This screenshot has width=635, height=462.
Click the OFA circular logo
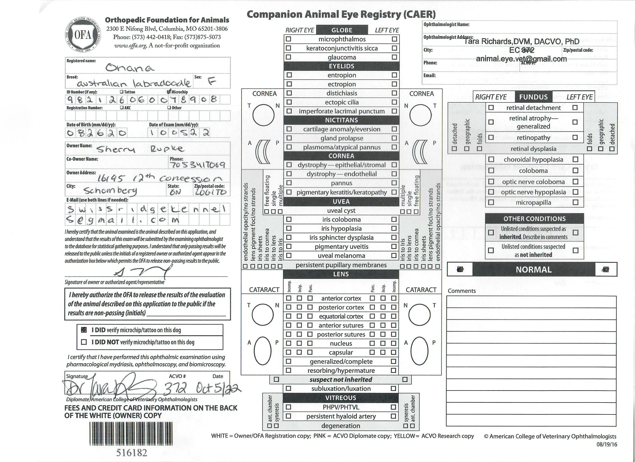pyautogui.click(x=83, y=35)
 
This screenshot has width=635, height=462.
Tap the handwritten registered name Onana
pyautogui.click(x=129, y=67)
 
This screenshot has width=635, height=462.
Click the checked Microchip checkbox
pyautogui.click(x=169, y=92)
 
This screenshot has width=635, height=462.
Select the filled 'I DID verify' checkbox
pyautogui.click(x=84, y=330)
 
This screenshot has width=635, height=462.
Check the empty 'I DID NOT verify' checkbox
pyautogui.click(x=84, y=342)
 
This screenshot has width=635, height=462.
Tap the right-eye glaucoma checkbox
pyautogui.click(x=288, y=57)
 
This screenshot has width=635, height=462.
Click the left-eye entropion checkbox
pyautogui.click(x=394, y=75)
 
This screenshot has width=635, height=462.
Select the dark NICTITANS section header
pyautogui.click(x=341, y=120)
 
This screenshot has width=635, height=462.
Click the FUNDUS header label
pyautogui.click(x=533, y=97)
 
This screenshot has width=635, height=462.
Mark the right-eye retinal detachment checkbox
pyautogui.click(x=491, y=108)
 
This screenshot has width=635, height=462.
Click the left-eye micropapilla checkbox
pyautogui.click(x=575, y=202)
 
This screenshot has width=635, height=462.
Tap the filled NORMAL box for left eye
pyautogui.click(x=605, y=270)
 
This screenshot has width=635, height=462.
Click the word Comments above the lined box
pyautogui.click(x=461, y=291)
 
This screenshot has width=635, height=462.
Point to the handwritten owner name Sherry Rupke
pyautogui.click(x=140, y=149)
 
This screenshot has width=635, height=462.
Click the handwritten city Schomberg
pyautogui.click(x=110, y=191)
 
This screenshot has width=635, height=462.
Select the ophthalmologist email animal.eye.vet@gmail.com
pyautogui.click(x=521, y=59)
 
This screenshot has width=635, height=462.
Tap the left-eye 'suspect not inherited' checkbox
pyautogui.click(x=405, y=379)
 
